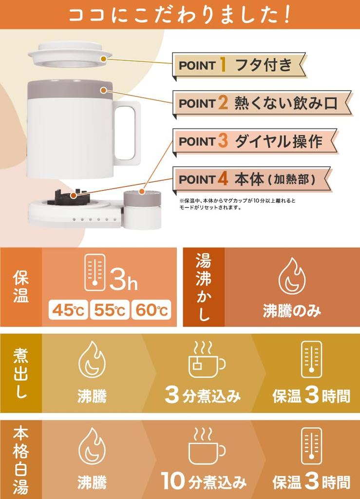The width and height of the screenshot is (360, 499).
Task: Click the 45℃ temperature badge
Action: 68,310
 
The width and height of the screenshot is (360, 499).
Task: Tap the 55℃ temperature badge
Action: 110,310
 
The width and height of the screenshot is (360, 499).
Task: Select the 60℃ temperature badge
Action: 151,310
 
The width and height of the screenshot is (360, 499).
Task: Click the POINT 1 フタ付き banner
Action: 239,65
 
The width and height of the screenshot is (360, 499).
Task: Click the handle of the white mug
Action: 125,133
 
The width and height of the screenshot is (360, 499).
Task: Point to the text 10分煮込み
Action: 204,482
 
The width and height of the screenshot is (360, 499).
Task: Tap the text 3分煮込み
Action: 203,396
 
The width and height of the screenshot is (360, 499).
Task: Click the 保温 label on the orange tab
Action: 21,287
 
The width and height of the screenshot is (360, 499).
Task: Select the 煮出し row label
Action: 21,373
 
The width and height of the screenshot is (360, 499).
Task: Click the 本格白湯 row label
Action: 21,460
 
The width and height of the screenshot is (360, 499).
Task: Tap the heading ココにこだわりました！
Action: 180,14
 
